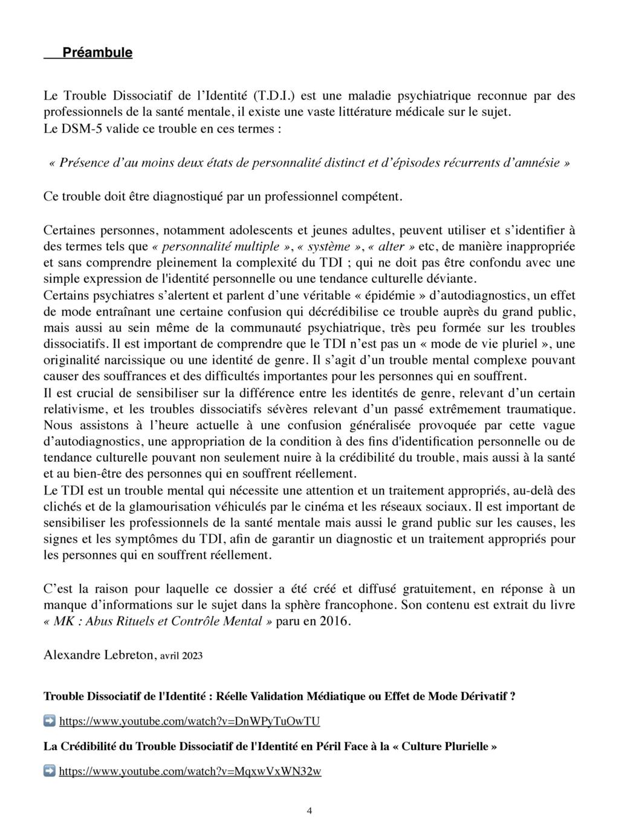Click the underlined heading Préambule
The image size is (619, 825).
coord(97,53)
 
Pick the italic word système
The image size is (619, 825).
coord(329,247)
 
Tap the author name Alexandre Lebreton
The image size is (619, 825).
coord(99,655)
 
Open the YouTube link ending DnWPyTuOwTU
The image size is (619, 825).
coord(189,721)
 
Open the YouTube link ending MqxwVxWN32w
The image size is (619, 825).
coord(190,771)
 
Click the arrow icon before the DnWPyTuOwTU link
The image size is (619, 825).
coord(50,720)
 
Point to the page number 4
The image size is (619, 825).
coord(309,811)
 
